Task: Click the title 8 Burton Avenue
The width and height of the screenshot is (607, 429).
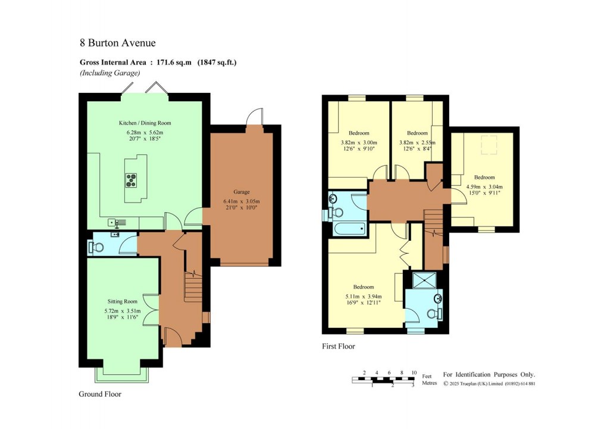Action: click(118, 42)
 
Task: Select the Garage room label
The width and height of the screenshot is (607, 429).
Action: click(241, 192)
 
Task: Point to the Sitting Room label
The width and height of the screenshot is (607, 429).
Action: click(123, 301)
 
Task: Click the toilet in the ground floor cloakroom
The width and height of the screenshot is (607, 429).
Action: click(95, 247)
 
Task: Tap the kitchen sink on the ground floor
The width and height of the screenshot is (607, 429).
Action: click(117, 222)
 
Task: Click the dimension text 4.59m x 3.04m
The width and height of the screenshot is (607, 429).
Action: click(484, 185)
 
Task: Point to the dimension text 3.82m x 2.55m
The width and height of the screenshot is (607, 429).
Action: click(417, 142)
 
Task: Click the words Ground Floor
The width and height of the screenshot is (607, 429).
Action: click(100, 394)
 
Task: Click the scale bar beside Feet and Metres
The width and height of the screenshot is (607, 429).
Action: click(383, 378)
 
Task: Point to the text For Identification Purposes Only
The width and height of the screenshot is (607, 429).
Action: click(489, 374)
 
